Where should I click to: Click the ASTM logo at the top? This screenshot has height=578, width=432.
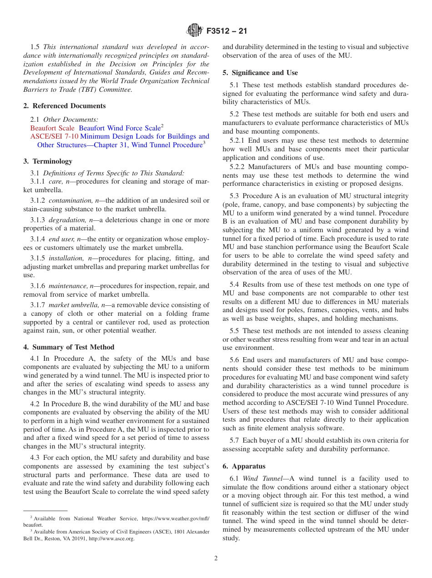[x=194, y=31]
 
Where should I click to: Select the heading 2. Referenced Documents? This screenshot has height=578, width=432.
[x=64, y=106]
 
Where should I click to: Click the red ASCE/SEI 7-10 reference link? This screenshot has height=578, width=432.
[x=54, y=136]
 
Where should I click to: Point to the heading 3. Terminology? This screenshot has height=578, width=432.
[x=48, y=161]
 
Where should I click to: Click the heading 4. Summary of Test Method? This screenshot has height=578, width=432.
[x=69, y=347]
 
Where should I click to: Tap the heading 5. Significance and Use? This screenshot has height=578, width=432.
[x=260, y=73]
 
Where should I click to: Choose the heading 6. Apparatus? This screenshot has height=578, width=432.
[x=244, y=466]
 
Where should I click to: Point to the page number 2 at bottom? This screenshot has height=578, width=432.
[x=216, y=558]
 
